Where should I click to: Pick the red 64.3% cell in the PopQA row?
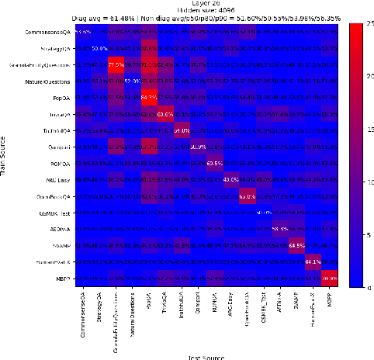click(149, 98)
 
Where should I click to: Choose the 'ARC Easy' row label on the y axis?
click(59, 180)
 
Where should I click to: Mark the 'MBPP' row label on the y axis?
click(64, 279)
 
